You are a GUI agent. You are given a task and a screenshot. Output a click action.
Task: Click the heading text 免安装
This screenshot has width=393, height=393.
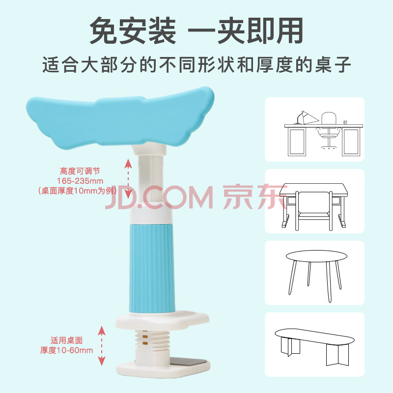[133, 31]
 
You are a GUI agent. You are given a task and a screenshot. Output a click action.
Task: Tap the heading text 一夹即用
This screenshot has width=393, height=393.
[246, 31]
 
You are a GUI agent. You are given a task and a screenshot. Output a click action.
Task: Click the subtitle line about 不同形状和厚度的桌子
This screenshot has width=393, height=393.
[196, 65]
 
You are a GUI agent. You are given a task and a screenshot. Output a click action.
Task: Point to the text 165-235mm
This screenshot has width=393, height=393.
[80, 181]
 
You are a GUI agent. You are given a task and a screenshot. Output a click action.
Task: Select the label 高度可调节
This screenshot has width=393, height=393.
[80, 171]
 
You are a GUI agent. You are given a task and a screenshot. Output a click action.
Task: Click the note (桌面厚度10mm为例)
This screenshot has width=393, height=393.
[77, 191]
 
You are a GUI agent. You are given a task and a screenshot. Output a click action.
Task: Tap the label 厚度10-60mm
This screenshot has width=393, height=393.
[66, 350]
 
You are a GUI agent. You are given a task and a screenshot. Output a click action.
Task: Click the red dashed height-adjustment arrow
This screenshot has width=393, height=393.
[128, 178]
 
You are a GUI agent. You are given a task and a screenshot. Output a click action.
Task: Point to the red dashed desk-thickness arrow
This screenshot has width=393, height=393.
[102, 346]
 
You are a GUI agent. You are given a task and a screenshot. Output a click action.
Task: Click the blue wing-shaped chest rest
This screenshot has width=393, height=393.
[120, 118]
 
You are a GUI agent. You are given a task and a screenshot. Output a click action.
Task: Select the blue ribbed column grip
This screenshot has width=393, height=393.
[152, 269]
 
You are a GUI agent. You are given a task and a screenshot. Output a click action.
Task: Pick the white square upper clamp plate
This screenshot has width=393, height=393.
[163, 320]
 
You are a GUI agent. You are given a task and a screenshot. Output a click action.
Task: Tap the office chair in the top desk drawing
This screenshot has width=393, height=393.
[329, 130]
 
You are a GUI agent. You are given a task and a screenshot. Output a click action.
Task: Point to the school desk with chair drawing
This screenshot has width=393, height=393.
[314, 206]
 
